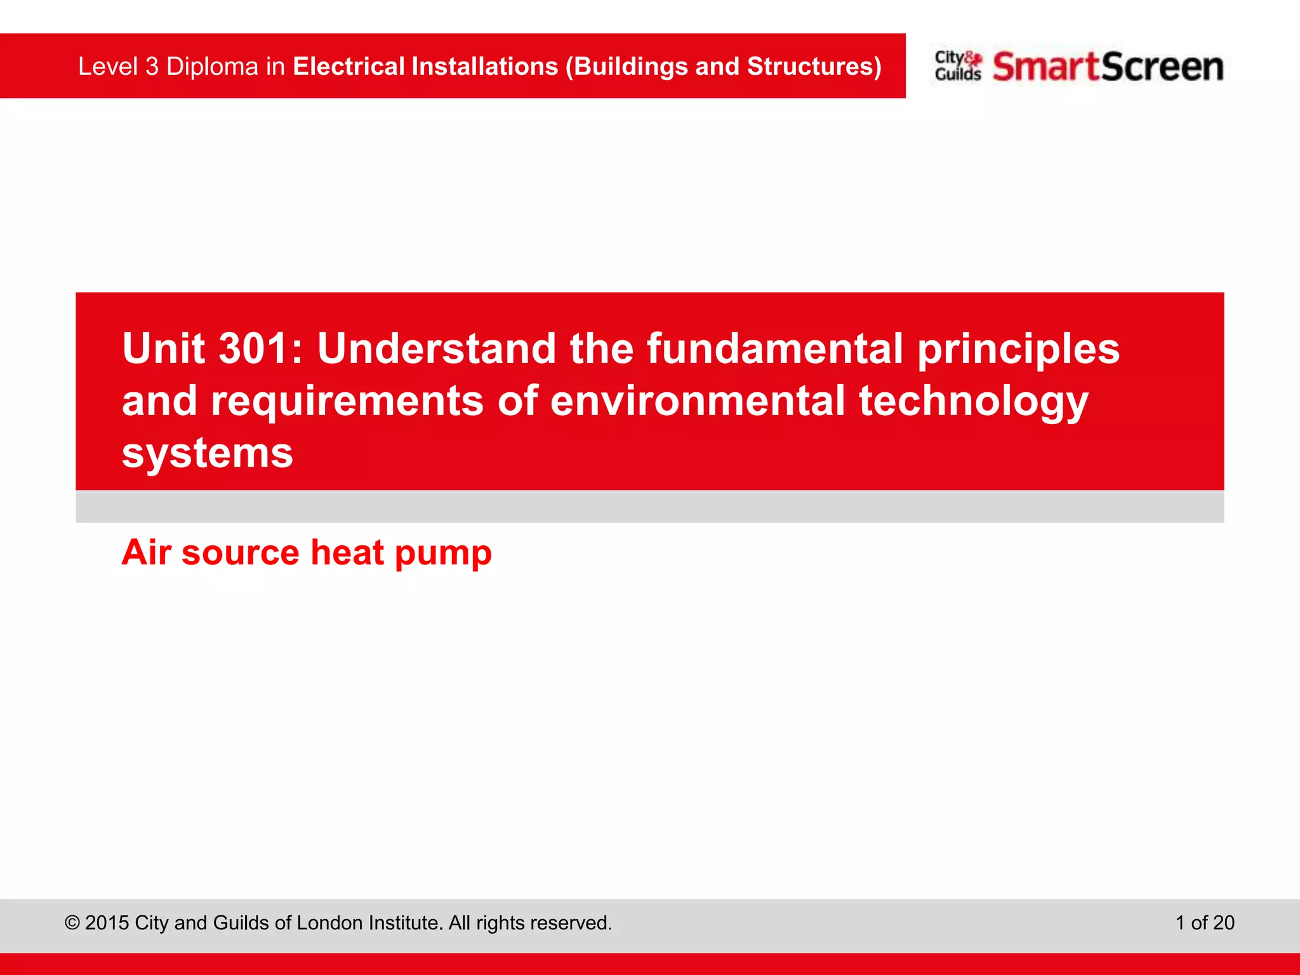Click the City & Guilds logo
point(957,66)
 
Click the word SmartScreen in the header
point(1108,67)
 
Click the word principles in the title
point(1018,350)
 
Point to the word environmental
point(697,401)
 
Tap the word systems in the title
point(207,453)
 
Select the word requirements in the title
point(347,402)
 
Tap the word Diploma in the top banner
point(212,67)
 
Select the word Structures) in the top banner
point(814,67)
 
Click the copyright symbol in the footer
point(72,922)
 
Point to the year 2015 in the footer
point(107,922)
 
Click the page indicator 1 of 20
point(1204,922)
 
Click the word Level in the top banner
point(107,67)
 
